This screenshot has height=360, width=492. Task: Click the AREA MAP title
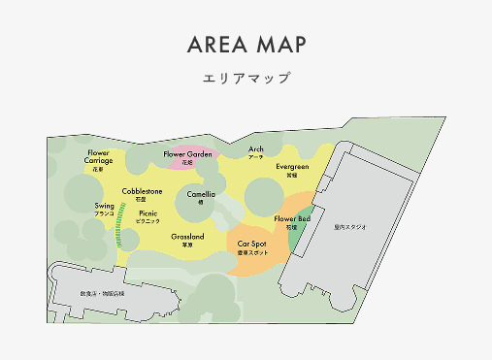[x=246, y=46]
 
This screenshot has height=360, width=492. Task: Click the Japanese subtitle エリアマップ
[x=246, y=78]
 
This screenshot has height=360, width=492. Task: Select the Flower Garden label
[x=187, y=154]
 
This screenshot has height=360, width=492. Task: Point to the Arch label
[x=256, y=149]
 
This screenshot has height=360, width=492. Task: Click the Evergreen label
[x=291, y=167]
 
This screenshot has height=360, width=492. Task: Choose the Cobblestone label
[x=142, y=192]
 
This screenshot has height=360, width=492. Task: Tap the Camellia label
[x=202, y=194]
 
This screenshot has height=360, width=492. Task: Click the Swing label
[x=105, y=207]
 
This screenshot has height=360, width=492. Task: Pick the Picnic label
[x=148, y=213]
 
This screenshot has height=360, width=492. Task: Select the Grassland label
[x=187, y=238]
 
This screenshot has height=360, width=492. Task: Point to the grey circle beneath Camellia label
[x=202, y=214]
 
